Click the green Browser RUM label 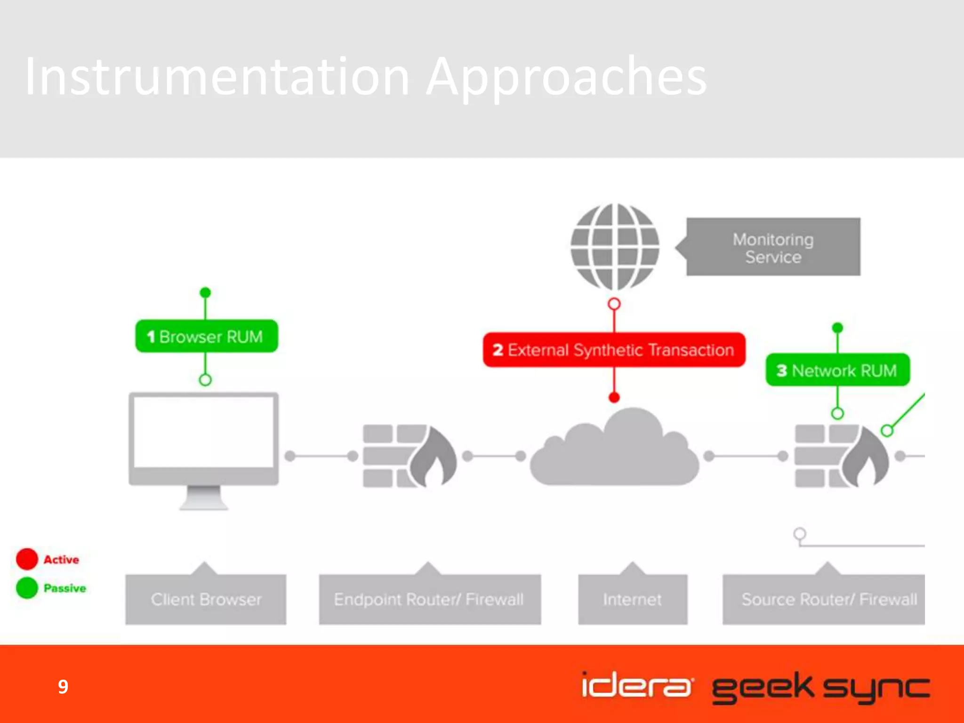point(207,336)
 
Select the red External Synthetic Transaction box point(614,350)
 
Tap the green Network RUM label point(837,370)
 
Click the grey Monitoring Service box point(773,247)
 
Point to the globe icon point(615,247)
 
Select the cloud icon point(615,450)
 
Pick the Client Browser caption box point(206,599)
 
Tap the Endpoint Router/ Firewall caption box point(430,599)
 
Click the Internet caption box point(633,599)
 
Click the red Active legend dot point(27,559)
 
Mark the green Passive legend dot point(27,588)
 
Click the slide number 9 point(63,687)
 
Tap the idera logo point(637,686)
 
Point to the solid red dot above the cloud point(614,398)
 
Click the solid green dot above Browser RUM point(205,293)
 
